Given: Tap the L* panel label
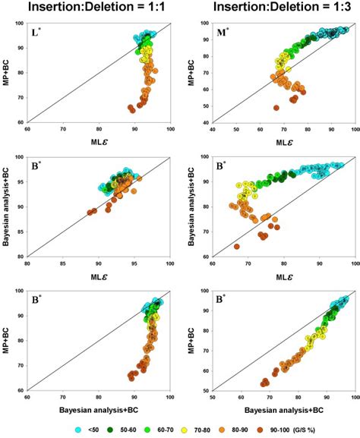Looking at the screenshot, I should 37,31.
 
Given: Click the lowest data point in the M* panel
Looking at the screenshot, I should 276,108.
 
